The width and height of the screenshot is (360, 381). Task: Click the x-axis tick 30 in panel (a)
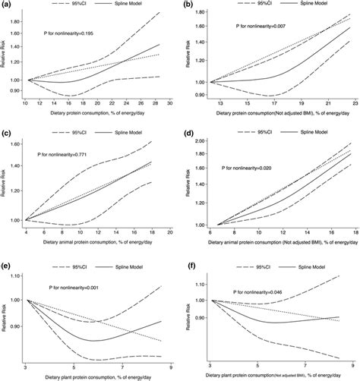[x=171, y=102]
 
